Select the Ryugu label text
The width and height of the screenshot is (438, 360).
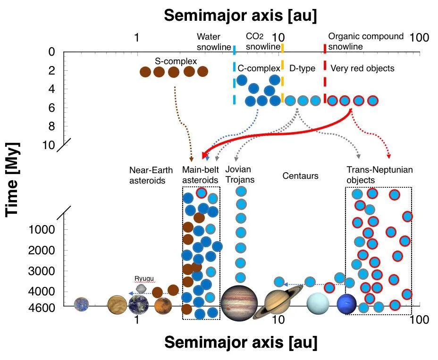(x=142, y=278)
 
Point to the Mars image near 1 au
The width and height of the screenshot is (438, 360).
(x=162, y=305)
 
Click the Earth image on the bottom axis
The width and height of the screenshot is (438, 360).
(x=138, y=304)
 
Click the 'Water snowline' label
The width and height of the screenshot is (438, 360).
(x=209, y=42)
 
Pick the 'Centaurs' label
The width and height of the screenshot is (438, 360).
(x=300, y=176)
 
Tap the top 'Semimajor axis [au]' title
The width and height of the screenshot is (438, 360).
(x=240, y=15)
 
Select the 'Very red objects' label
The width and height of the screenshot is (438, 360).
(x=362, y=68)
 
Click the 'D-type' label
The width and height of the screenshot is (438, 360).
(x=302, y=68)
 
